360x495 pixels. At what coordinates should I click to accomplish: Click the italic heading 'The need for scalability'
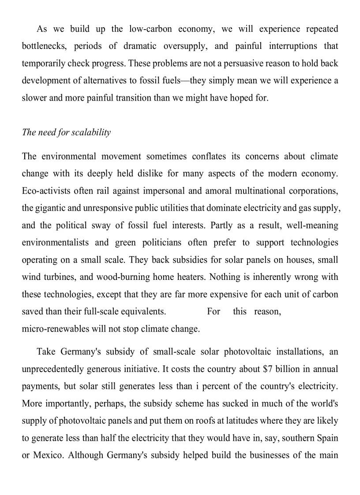tap(66, 133)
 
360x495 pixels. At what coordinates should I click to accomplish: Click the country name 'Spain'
tap(327, 438)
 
